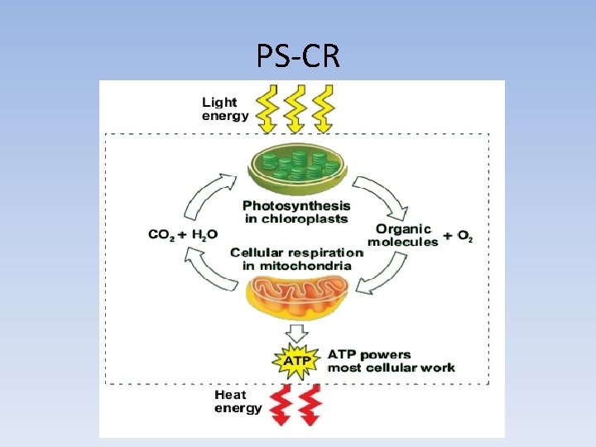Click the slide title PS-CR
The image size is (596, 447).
pyautogui.click(x=297, y=56)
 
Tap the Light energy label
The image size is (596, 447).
pyautogui.click(x=224, y=109)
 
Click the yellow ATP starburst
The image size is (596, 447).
pyautogui.click(x=297, y=361)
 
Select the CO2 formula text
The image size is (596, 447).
pyautogui.click(x=161, y=235)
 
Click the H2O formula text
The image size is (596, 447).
pyautogui.click(x=204, y=235)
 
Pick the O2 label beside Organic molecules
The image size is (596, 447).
pyautogui.click(x=465, y=237)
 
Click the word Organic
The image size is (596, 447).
pyautogui.click(x=403, y=228)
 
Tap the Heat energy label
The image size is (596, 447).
pyautogui.click(x=238, y=401)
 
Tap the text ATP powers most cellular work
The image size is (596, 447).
pyautogui.click(x=391, y=361)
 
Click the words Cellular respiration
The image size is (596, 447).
pyautogui.click(x=296, y=252)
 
